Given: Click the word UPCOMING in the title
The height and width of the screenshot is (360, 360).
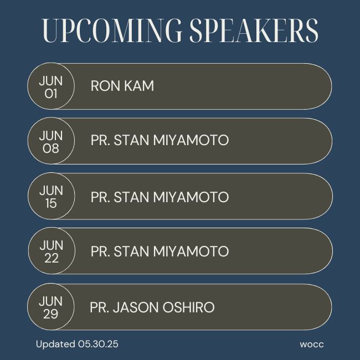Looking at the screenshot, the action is coord(112,30).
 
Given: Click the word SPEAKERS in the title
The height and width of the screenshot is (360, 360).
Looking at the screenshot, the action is coord(254,30).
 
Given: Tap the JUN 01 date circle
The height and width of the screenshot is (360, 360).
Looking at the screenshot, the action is coord(51,86).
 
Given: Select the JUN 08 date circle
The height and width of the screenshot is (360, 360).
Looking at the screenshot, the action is coord(51,141).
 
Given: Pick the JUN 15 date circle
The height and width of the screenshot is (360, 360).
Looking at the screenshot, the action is coord(51,196).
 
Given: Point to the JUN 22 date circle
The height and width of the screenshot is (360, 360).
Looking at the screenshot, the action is coord(52,251).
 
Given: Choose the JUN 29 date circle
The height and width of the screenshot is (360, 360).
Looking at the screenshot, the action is coord(51,306).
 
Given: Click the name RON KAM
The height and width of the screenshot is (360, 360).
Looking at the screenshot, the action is coord(122,86).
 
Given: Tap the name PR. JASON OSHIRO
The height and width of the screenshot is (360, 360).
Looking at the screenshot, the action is coord(152,307).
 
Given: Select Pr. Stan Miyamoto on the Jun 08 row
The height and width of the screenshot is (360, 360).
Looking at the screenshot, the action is coord(160,140).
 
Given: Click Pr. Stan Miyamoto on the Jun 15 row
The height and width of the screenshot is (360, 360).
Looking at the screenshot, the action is coord(160,197).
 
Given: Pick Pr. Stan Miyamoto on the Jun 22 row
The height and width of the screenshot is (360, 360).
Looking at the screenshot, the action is coord(160,251).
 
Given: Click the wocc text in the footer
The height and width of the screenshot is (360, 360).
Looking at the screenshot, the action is coord(312,344).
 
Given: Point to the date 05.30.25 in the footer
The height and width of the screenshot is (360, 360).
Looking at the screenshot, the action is coord(98,344).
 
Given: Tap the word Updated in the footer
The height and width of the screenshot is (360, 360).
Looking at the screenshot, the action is coord(55,344).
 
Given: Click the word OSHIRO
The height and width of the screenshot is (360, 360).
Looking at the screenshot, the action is coord(188,307).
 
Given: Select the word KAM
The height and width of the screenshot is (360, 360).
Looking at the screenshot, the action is coord(139,86).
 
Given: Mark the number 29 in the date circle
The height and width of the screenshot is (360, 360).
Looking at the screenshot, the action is coord(51,314).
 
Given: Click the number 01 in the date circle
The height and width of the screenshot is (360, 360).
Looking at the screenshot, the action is coord(51,94).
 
